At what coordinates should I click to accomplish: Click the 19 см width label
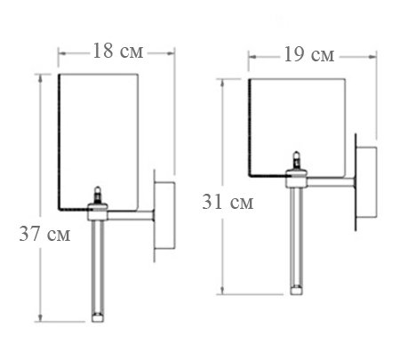[x=310, y=55]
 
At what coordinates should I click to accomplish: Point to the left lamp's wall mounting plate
[x=165, y=218]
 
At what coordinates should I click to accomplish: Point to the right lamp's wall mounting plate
[x=364, y=182]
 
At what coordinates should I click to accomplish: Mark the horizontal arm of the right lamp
[x=329, y=183]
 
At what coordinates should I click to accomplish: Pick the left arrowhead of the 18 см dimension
[x=62, y=51]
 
